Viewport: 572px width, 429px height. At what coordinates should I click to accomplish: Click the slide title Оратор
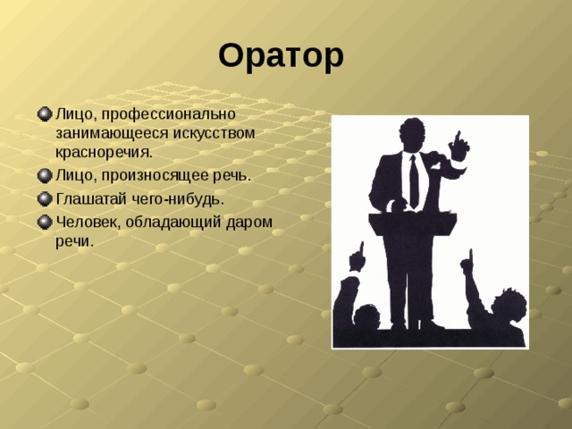pos(280,56)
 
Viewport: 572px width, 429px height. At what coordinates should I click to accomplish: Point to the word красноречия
pos(103,151)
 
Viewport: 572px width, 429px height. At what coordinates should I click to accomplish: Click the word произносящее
pos(156,175)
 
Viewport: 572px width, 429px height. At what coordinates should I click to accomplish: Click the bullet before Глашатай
pos(45,198)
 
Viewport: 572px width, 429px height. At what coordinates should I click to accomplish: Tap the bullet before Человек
pos(45,221)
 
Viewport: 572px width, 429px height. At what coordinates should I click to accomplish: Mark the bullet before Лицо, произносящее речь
pos(45,175)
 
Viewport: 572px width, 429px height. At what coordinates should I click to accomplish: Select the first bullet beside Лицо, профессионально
pos(45,114)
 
